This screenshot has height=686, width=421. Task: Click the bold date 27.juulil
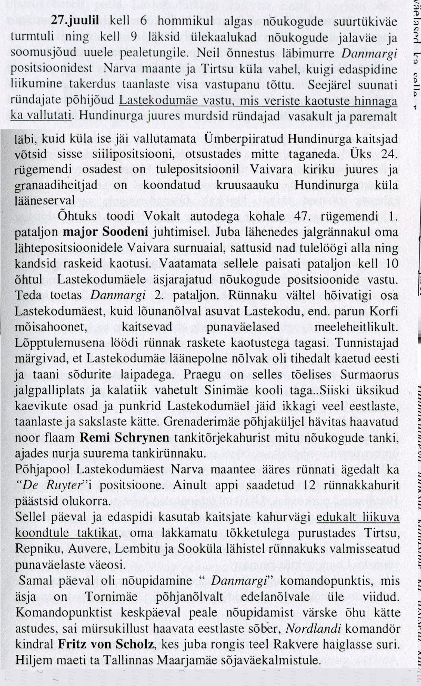(78, 21)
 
